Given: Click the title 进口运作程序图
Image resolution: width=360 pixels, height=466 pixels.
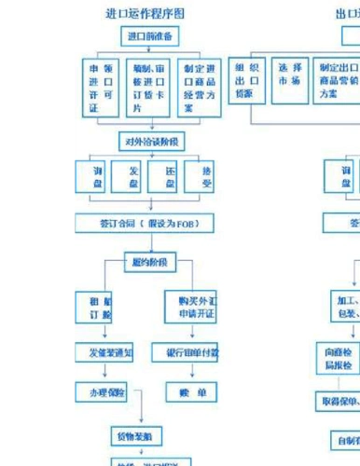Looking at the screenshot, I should click(x=154, y=14).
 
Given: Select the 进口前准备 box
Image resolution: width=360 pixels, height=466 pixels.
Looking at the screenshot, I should click(x=149, y=37).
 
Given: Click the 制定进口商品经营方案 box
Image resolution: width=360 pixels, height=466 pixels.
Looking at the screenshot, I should click(x=199, y=88).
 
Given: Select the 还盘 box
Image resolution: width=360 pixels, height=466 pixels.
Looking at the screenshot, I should click(x=169, y=177).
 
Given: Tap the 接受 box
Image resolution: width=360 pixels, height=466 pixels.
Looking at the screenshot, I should click(x=205, y=177).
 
